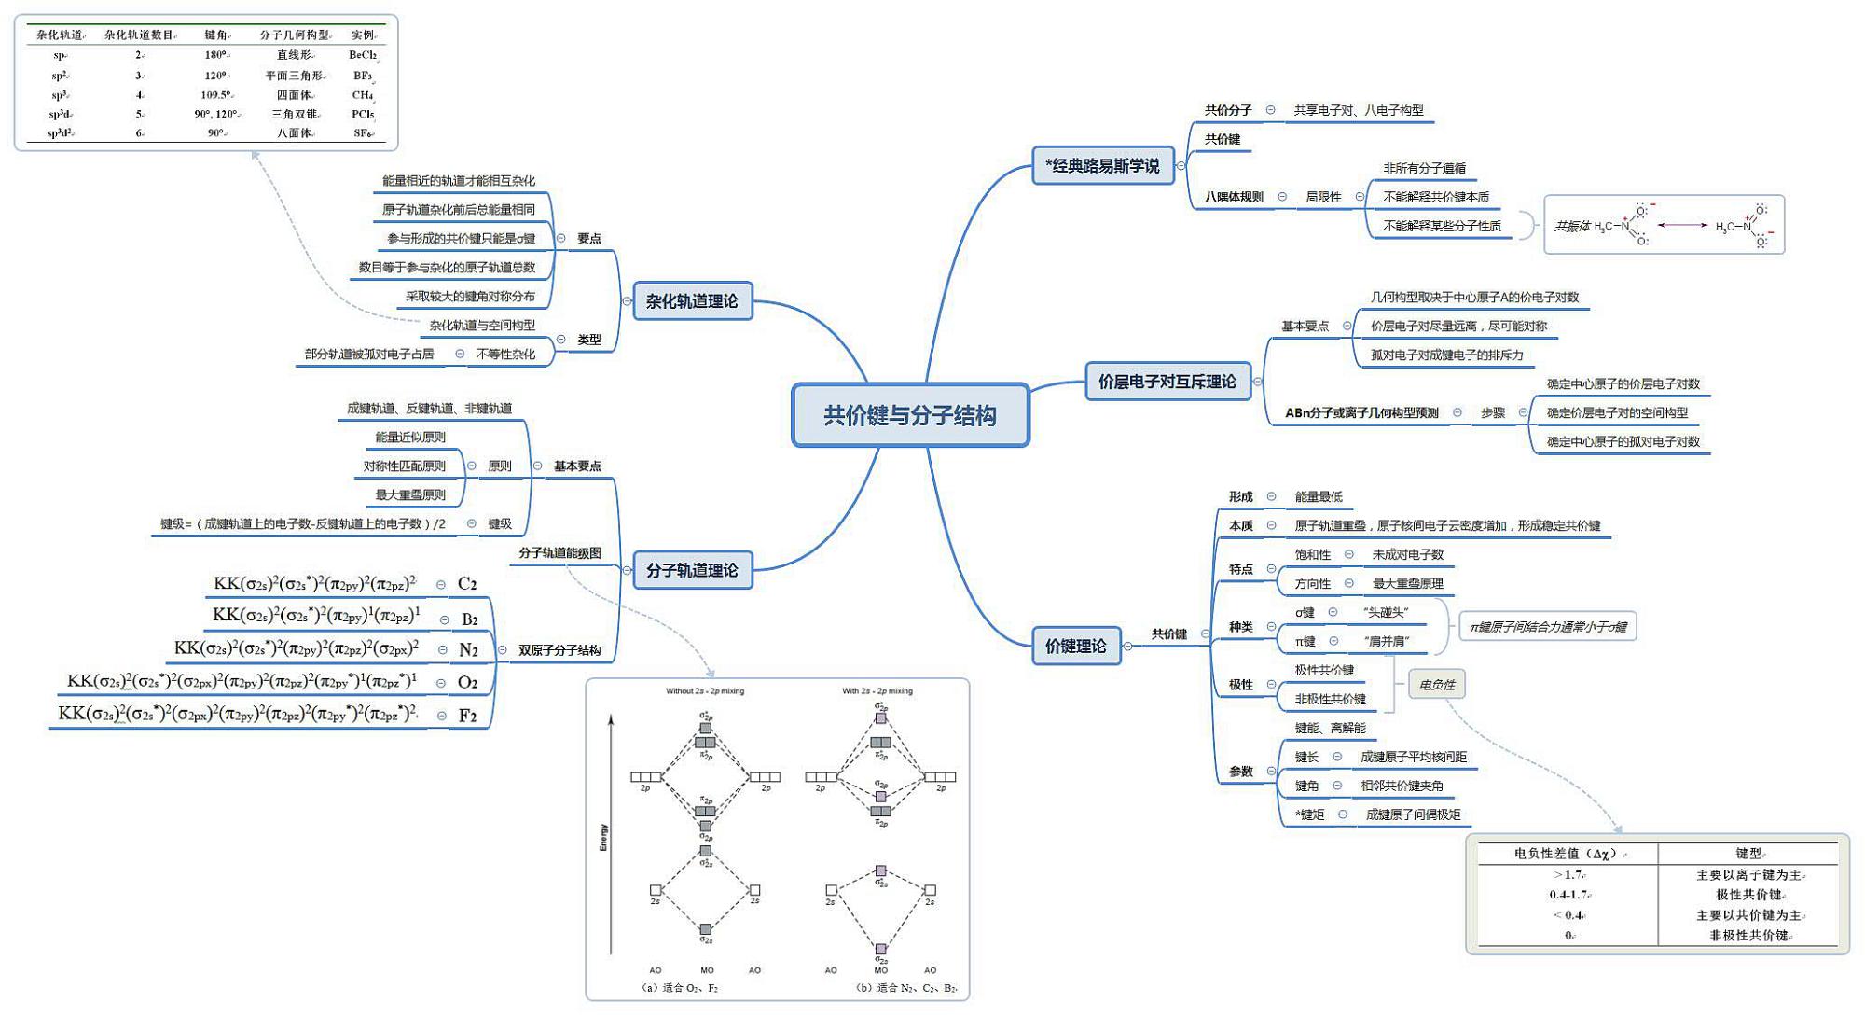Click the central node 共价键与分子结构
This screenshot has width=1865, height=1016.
point(910,415)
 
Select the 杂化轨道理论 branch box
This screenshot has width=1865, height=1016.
point(692,301)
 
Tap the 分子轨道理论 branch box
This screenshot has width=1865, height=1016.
point(692,570)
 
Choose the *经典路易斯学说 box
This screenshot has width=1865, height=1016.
point(1102,166)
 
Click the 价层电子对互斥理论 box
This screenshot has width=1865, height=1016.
point(1167,382)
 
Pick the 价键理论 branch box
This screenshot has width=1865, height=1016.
point(1075,646)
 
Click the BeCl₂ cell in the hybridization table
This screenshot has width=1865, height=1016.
point(363,55)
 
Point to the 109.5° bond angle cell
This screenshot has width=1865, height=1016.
point(215,94)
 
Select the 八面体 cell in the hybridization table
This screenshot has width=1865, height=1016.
point(294,133)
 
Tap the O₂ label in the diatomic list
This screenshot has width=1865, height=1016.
point(467,683)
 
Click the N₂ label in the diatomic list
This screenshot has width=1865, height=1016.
point(468,650)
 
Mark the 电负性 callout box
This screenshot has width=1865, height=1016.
point(1436,685)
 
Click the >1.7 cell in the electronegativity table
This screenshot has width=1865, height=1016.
point(1568,875)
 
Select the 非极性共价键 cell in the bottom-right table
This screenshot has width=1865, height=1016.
point(1748,935)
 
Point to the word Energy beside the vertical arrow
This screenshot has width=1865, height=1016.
point(603,837)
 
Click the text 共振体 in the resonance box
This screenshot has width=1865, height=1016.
point(1571,226)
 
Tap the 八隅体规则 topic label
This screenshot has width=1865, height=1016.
point(1233,197)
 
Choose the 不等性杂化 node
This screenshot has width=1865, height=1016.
point(505,355)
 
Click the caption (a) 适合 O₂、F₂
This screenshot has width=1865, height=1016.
point(681,987)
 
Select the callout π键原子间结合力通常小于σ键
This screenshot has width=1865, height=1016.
point(1548,627)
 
